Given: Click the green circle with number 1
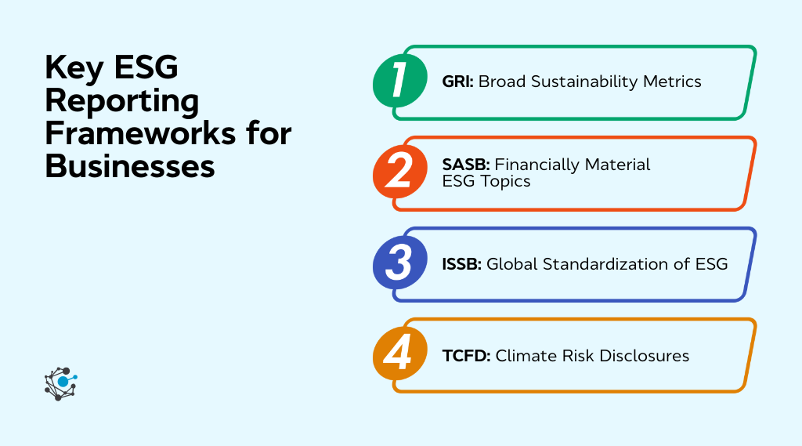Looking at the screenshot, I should tap(399, 82).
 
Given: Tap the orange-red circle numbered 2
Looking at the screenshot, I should tap(399, 172).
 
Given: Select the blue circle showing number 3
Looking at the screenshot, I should tap(399, 264).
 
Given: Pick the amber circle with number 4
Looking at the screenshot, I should tap(399, 355).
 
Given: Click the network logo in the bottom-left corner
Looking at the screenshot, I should tap(61, 383).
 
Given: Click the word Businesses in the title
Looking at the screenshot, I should tap(129, 166).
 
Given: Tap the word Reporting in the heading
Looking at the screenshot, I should tap(121, 101).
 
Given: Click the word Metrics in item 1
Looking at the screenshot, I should tap(671, 82).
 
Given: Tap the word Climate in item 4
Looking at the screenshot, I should tap(522, 356).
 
